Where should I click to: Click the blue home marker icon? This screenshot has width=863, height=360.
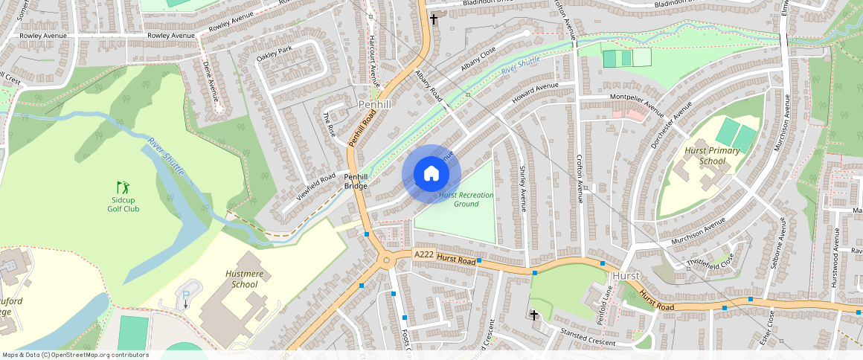click(431, 174)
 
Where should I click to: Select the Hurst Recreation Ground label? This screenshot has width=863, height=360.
click(466, 199)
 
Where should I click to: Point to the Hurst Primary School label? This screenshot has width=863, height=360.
click(712, 155)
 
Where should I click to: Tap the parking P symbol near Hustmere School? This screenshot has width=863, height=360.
click(185, 295)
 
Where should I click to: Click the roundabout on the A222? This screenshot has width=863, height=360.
click(386, 260)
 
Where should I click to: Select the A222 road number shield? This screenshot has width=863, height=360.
click(424, 254)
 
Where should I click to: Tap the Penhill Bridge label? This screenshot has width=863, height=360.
click(356, 181)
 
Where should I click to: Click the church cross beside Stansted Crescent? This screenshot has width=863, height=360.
click(533, 315)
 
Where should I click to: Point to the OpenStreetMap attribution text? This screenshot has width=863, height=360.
click(75, 355)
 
